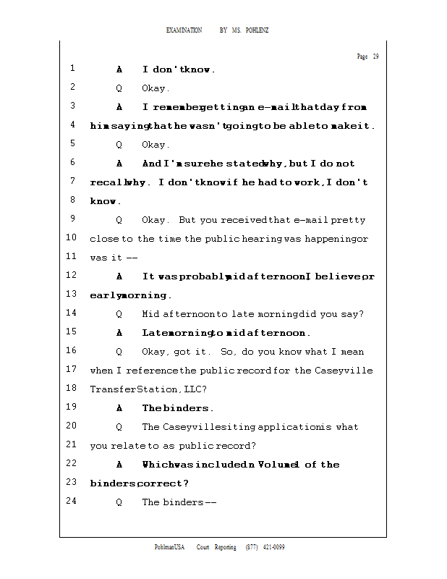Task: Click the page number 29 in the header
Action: click(x=375, y=57)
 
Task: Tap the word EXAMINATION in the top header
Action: click(x=184, y=30)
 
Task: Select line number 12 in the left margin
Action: click(x=71, y=276)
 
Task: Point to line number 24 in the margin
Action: click(x=71, y=502)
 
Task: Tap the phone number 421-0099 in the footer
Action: click(x=273, y=547)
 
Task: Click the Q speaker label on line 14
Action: click(x=119, y=314)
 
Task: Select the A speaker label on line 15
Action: click(x=119, y=333)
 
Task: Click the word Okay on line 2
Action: click(x=154, y=88)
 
